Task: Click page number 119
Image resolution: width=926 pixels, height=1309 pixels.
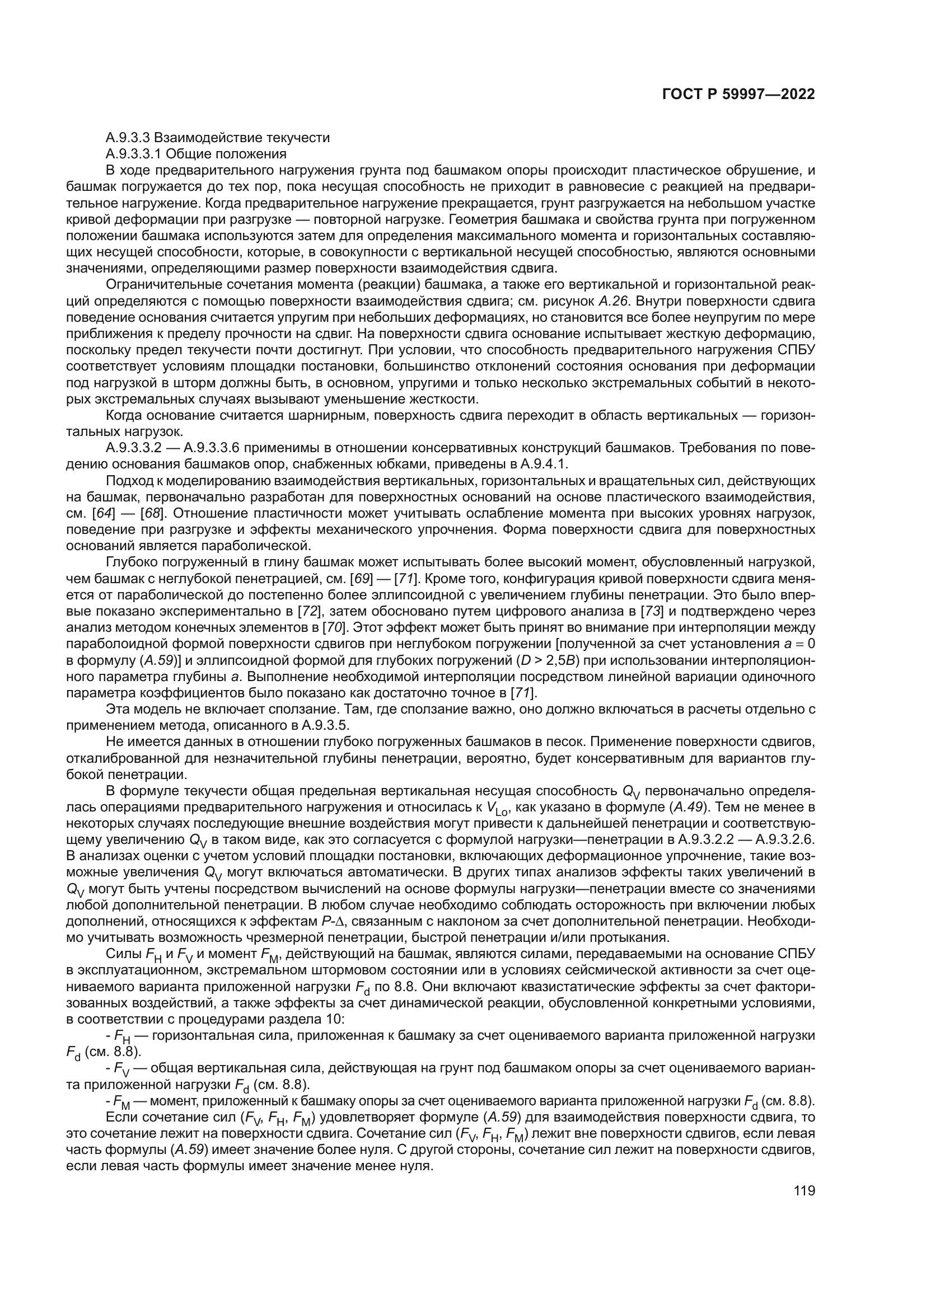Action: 804,1191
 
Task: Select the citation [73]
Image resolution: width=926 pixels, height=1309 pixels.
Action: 651,612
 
